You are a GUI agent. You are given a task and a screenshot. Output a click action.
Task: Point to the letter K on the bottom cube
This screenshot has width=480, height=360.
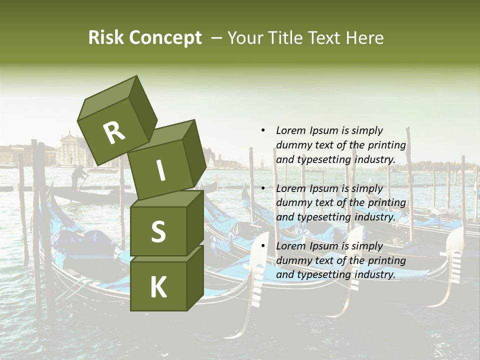tap(158, 287)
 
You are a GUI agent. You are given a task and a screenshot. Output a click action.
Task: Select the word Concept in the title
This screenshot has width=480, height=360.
tap(164, 38)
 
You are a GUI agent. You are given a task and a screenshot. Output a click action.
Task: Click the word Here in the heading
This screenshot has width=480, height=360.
tap(364, 37)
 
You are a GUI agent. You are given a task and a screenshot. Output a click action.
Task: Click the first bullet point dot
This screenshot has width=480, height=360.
tap(263, 130)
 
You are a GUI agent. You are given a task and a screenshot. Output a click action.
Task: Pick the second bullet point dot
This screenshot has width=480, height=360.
tap(263, 188)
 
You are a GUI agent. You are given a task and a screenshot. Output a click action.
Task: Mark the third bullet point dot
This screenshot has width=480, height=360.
tap(263, 246)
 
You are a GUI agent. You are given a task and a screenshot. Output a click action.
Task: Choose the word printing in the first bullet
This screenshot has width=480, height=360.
tap(386, 145)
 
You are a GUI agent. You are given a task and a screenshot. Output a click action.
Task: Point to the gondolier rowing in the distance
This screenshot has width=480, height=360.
tap(78, 177)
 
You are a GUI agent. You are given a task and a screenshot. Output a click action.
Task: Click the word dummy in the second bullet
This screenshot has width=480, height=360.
tap(292, 202)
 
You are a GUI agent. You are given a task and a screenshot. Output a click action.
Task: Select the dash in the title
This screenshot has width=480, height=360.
tap(216, 37)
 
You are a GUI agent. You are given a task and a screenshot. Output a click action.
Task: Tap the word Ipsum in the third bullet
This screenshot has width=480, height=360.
tap(324, 246)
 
